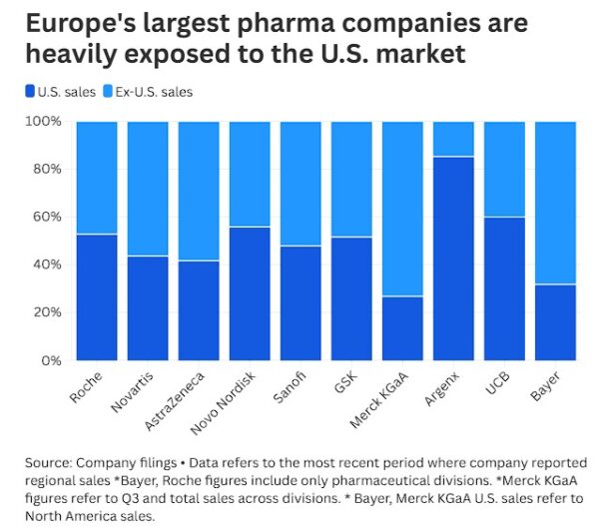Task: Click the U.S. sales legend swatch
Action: (x=29, y=92)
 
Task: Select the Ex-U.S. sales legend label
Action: (x=154, y=92)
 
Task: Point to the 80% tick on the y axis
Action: (x=46, y=169)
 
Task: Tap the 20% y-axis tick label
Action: (x=46, y=312)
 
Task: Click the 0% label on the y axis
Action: (x=51, y=360)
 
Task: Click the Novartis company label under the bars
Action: (x=135, y=392)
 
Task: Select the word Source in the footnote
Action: (x=50, y=462)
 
